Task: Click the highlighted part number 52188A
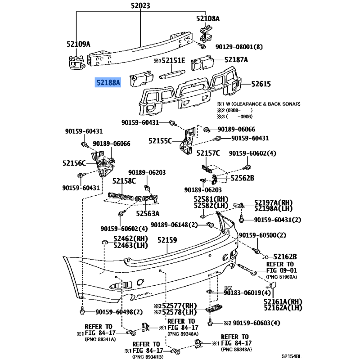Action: click(x=108, y=83)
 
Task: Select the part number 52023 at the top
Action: click(x=139, y=6)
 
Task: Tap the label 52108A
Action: click(x=207, y=18)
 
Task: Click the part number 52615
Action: click(x=261, y=84)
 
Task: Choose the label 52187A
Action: click(x=237, y=59)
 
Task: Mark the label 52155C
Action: click(x=160, y=141)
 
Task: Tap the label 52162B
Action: click(x=287, y=256)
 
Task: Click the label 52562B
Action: click(x=243, y=178)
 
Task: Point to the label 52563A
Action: click(x=148, y=213)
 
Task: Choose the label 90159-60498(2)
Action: click(x=119, y=312)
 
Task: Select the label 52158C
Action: click(x=124, y=181)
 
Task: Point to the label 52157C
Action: click(x=208, y=153)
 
